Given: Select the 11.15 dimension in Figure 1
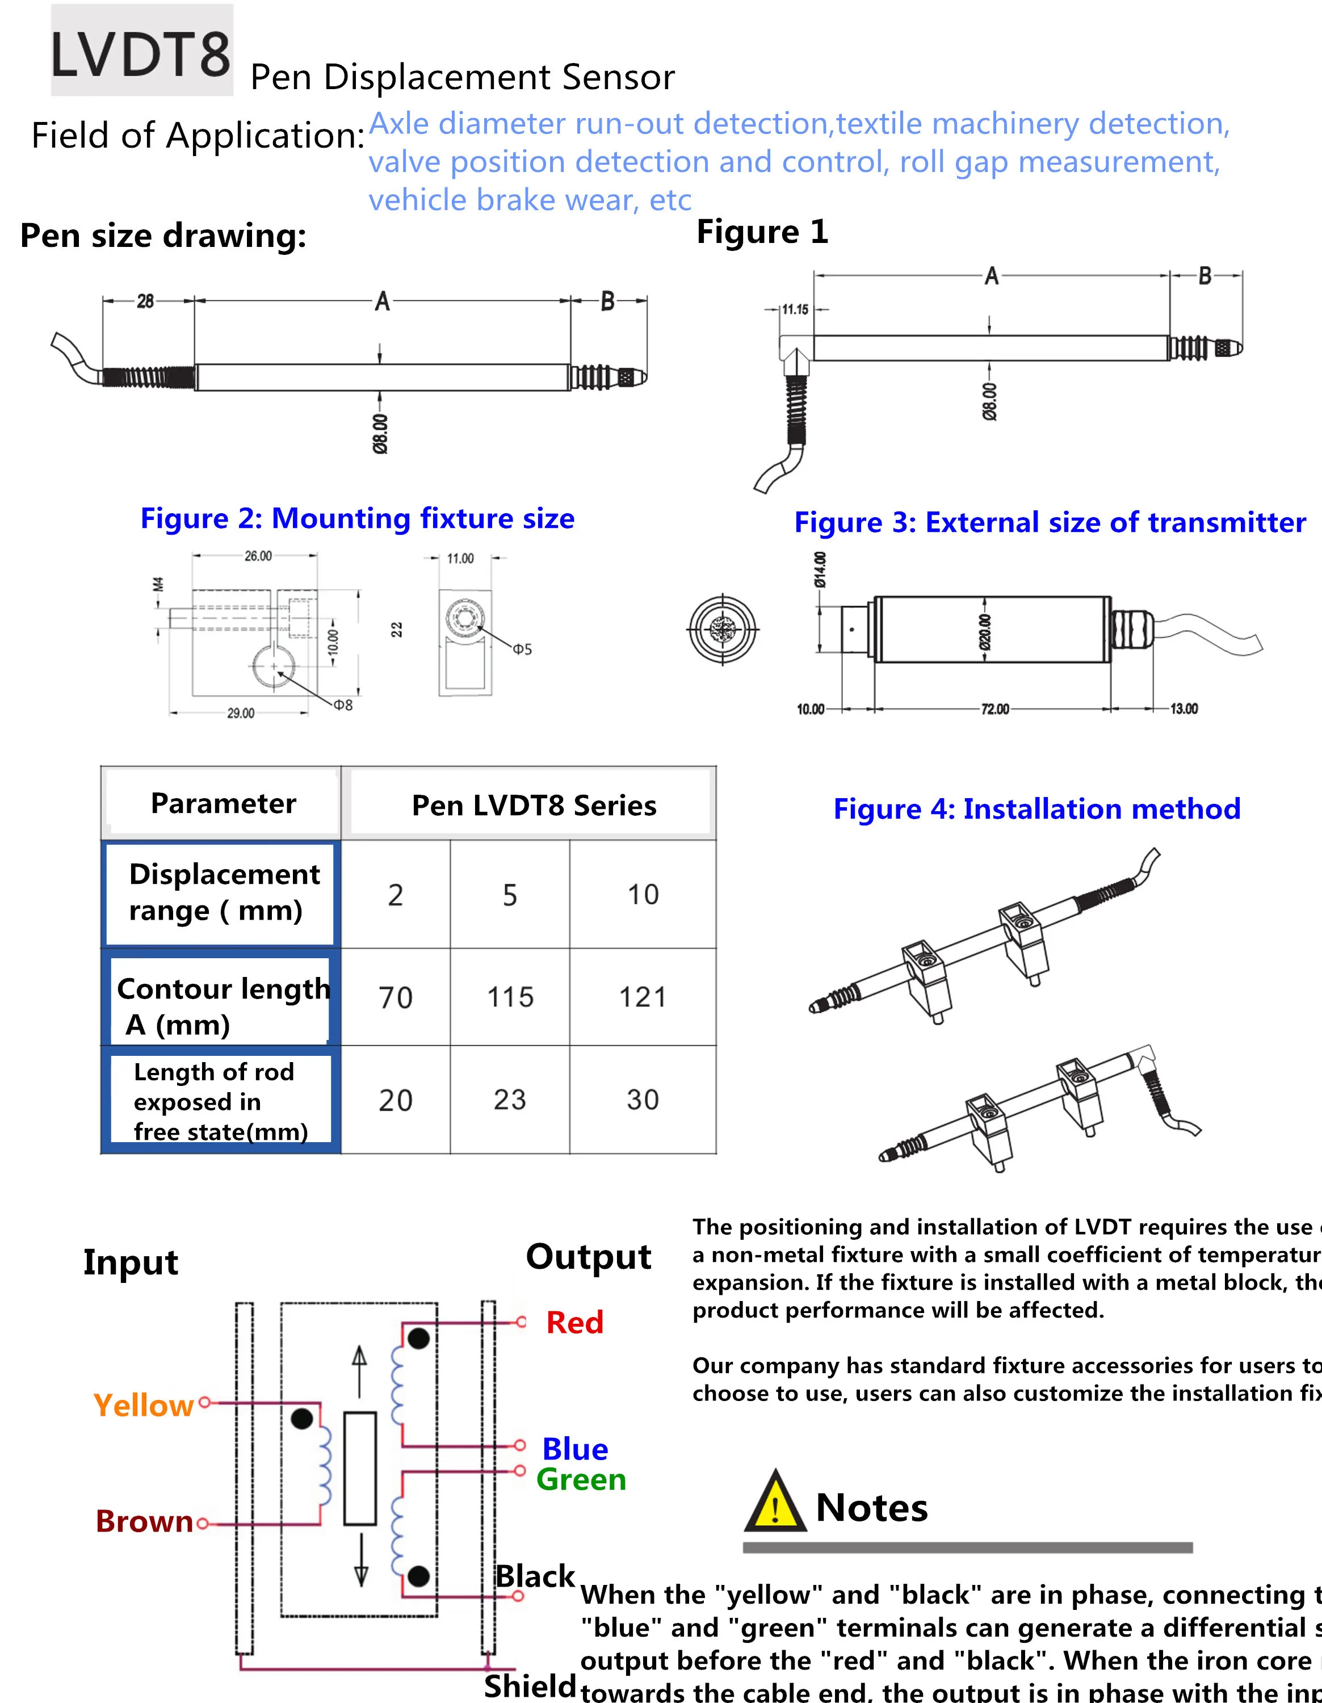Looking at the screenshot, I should tap(795, 309).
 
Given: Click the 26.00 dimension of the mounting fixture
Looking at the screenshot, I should tap(258, 556).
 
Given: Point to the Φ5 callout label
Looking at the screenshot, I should tap(522, 649).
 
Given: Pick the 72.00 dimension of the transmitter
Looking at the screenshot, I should tap(994, 709).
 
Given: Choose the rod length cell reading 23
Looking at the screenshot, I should tap(510, 1100).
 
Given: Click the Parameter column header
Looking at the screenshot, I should tap(223, 803).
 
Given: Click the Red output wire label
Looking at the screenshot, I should tap(574, 1323).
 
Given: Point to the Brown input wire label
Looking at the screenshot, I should tap(144, 1521).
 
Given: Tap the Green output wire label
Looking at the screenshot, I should tap(581, 1479).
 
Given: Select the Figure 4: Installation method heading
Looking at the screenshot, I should tap(1036, 808).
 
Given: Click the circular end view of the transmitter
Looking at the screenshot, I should tap(723, 628).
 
